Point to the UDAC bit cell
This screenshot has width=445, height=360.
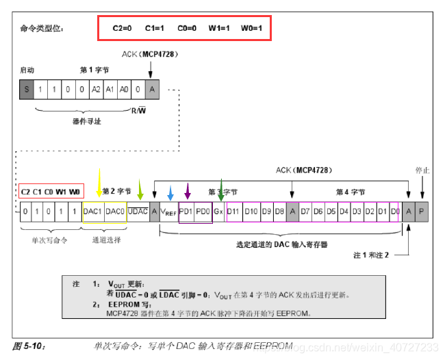tap(138, 212)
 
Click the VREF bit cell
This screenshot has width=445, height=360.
tap(168, 212)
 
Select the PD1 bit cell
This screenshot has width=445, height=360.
tap(186, 212)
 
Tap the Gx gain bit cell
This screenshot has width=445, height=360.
tap(218, 212)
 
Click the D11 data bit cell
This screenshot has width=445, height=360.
tap(233, 212)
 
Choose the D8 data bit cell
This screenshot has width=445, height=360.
tap(279, 212)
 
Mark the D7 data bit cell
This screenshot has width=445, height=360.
tap(305, 212)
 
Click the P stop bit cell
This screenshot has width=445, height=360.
tap(422, 212)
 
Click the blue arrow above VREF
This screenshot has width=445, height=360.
tap(170, 192)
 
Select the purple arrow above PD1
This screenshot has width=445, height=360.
tap(188, 190)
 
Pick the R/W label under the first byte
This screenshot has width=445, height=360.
tap(138, 110)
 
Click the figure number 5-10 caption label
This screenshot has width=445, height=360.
tap(28, 345)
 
